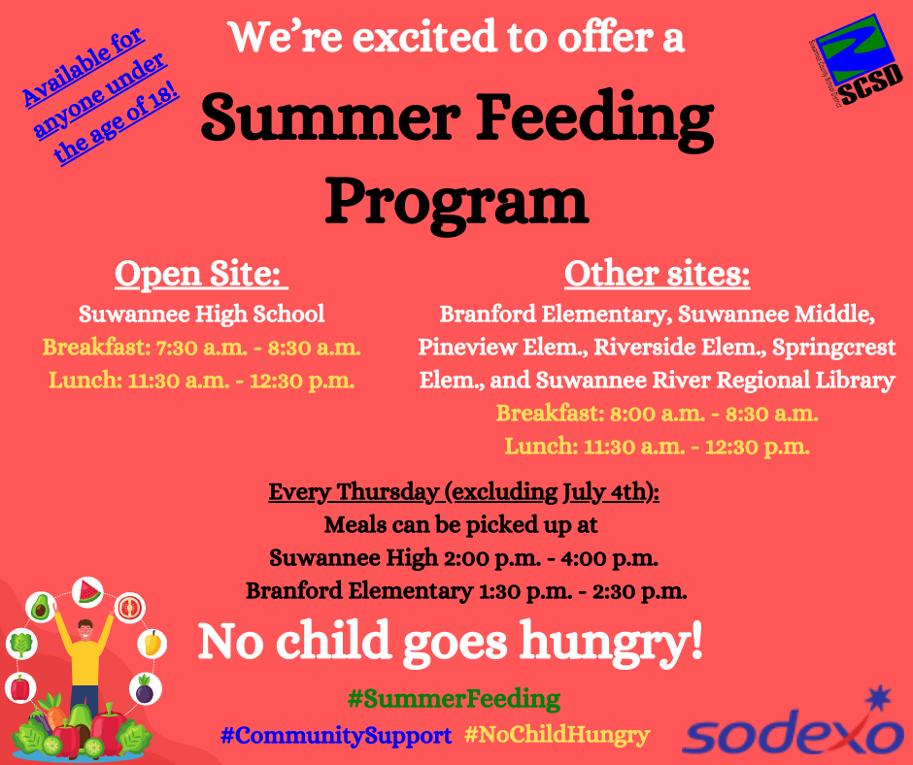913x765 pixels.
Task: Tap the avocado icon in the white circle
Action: click(40, 609)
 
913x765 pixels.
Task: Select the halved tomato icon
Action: click(130, 608)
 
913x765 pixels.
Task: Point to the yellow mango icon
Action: click(152, 643)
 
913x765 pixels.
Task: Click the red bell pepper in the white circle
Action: click(19, 687)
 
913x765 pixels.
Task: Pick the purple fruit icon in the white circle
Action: click(145, 689)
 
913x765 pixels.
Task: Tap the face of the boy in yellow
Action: click(85, 628)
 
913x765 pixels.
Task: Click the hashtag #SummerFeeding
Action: click(453, 698)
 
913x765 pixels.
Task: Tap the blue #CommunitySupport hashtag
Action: click(336, 735)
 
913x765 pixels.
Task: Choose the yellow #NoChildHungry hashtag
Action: click(557, 735)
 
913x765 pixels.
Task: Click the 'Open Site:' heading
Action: click(201, 275)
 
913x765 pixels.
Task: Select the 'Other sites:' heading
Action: click(657, 275)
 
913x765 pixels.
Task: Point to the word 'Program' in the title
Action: click(456, 201)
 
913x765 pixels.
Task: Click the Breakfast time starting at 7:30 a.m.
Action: click(201, 347)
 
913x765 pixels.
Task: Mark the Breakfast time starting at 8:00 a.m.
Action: click(657, 414)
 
